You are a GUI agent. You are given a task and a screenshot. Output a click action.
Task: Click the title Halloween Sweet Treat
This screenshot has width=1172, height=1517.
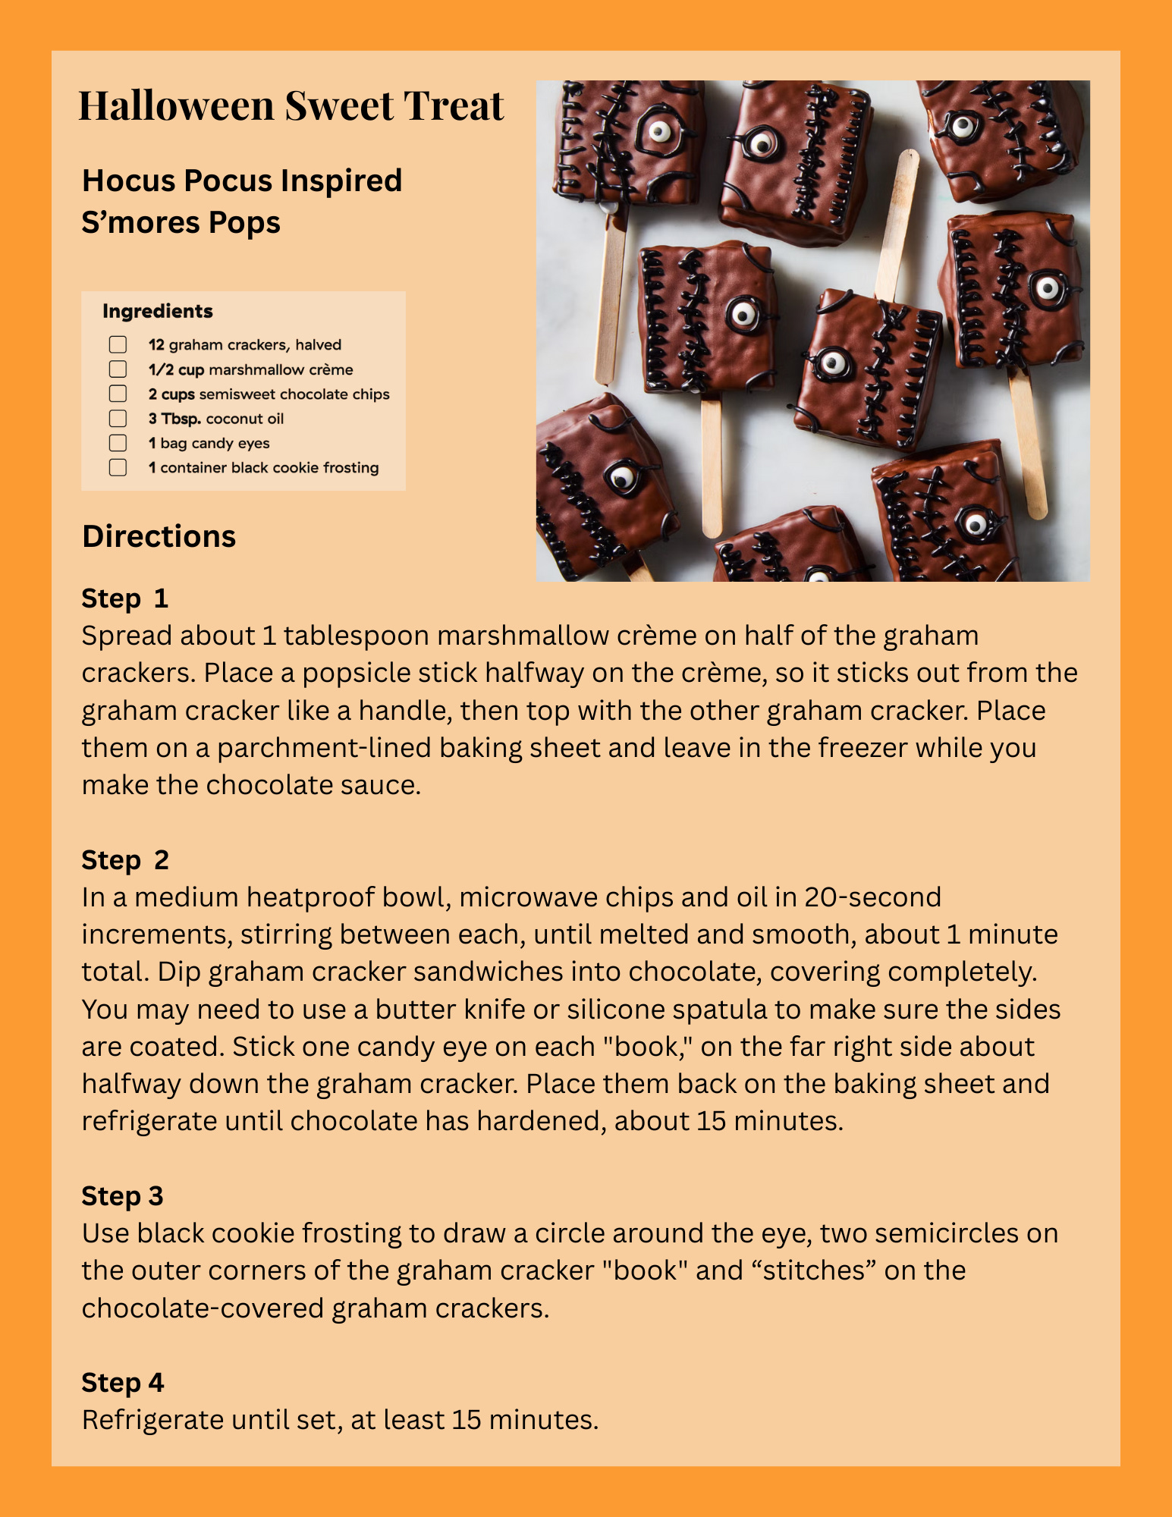[291, 105]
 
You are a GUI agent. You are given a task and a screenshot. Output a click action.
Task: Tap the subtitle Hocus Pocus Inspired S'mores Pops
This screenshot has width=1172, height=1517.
[241, 201]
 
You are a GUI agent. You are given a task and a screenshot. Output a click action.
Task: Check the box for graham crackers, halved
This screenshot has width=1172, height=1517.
[118, 345]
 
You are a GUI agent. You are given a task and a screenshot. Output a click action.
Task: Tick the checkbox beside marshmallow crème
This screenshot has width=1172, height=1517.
[118, 369]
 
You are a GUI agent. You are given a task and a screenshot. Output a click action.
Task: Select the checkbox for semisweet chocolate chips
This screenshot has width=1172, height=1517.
[118, 394]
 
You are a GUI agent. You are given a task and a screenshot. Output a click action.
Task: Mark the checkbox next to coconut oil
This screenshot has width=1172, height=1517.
[118, 418]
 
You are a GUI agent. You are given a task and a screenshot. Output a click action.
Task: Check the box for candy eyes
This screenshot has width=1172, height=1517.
[118, 443]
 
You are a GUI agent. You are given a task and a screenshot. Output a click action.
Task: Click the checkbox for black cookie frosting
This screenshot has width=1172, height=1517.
[118, 467]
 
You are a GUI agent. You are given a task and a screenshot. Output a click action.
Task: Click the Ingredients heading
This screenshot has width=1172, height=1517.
[157, 311]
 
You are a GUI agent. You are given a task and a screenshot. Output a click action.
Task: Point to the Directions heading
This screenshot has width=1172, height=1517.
[159, 536]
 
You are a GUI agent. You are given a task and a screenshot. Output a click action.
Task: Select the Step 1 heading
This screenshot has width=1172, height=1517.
[124, 598]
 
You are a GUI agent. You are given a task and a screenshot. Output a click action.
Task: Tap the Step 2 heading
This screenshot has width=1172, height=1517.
[124, 860]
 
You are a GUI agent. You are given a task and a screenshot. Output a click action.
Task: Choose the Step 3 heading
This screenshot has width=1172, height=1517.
[122, 1196]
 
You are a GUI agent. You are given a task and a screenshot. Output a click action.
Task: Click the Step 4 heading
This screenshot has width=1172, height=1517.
[122, 1383]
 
